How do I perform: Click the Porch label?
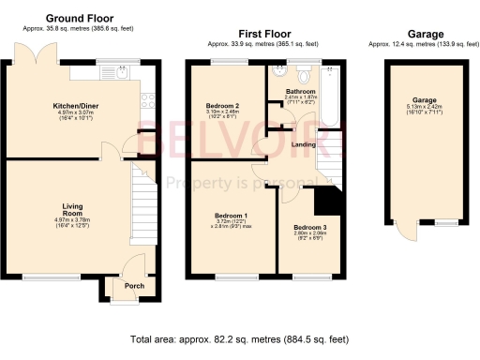tap(122, 287)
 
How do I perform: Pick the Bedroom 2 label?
tap(223, 104)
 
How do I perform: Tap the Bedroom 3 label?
tap(307, 227)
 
